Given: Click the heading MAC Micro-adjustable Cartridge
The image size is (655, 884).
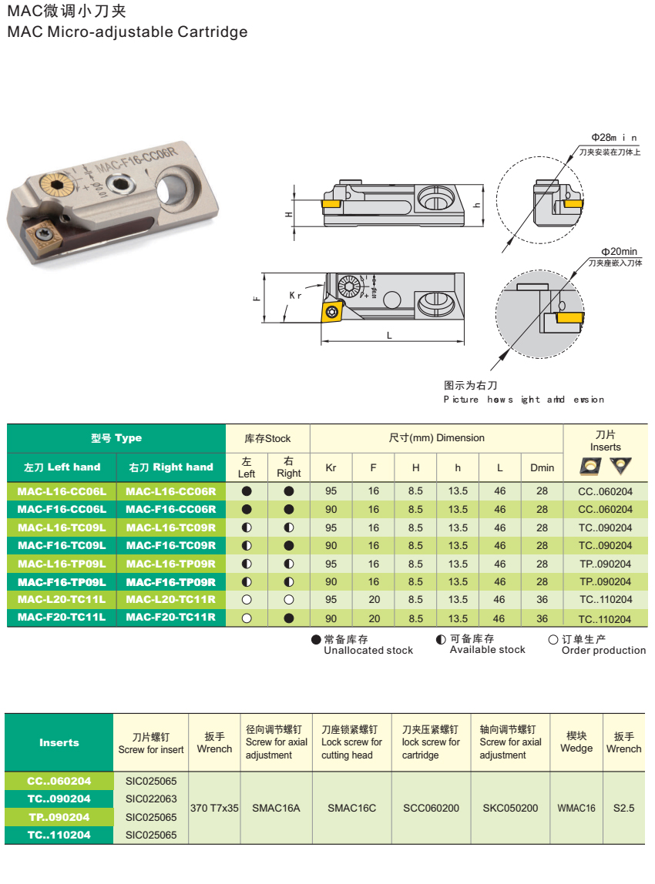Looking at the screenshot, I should point(127,32).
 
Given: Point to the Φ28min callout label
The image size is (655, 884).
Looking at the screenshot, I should point(614,138).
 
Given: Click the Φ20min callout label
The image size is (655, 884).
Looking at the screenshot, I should point(620,252).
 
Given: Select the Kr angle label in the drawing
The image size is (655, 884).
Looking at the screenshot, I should point(296,296).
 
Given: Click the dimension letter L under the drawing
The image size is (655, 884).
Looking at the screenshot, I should point(389,336).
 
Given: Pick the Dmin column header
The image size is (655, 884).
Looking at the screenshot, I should point(542,467).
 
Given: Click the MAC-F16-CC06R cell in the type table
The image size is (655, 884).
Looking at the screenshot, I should point(171,509).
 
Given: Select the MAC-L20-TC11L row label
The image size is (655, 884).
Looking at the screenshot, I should point(62,600).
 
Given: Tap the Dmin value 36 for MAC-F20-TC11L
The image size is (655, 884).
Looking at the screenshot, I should point(542,618).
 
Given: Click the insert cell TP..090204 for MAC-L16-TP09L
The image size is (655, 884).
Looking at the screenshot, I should point(605,564).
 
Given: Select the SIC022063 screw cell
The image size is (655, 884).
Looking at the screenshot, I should point(151,799).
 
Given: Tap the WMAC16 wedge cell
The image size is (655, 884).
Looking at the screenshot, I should point(576,808).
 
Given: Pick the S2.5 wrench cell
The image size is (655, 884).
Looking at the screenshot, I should point(623,808).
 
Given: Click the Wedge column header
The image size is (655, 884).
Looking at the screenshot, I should point(576,742).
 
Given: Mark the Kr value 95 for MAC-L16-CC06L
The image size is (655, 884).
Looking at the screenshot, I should point(331,491).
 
